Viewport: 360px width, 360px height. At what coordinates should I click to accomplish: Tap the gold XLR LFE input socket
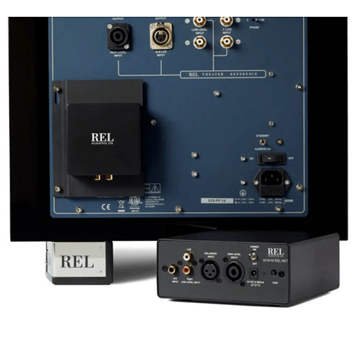(159, 38)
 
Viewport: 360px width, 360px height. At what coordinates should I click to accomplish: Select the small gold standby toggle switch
(262, 143)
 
